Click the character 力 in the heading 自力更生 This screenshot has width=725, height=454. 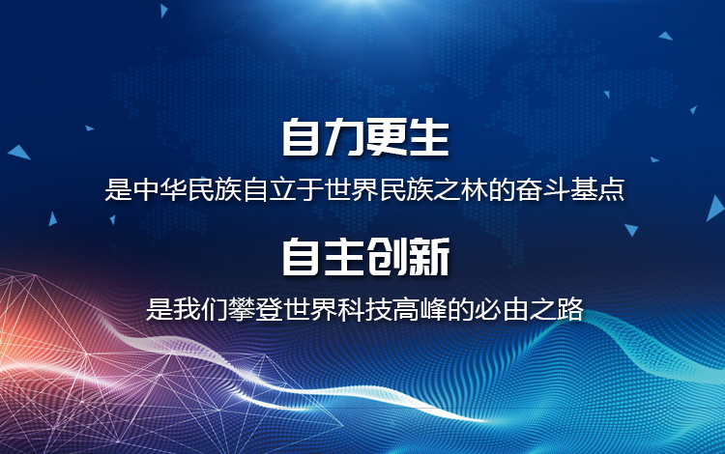(x=344, y=137)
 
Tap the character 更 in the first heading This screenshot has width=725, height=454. (x=386, y=137)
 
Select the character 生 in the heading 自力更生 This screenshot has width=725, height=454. (x=428, y=137)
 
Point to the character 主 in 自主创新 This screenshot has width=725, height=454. (x=344, y=257)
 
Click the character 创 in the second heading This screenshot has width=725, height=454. (x=386, y=257)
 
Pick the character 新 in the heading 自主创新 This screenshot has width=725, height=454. (x=428, y=257)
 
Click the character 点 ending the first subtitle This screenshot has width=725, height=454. (x=611, y=189)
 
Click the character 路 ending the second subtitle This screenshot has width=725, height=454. (x=569, y=309)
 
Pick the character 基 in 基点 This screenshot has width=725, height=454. (x=584, y=189)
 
